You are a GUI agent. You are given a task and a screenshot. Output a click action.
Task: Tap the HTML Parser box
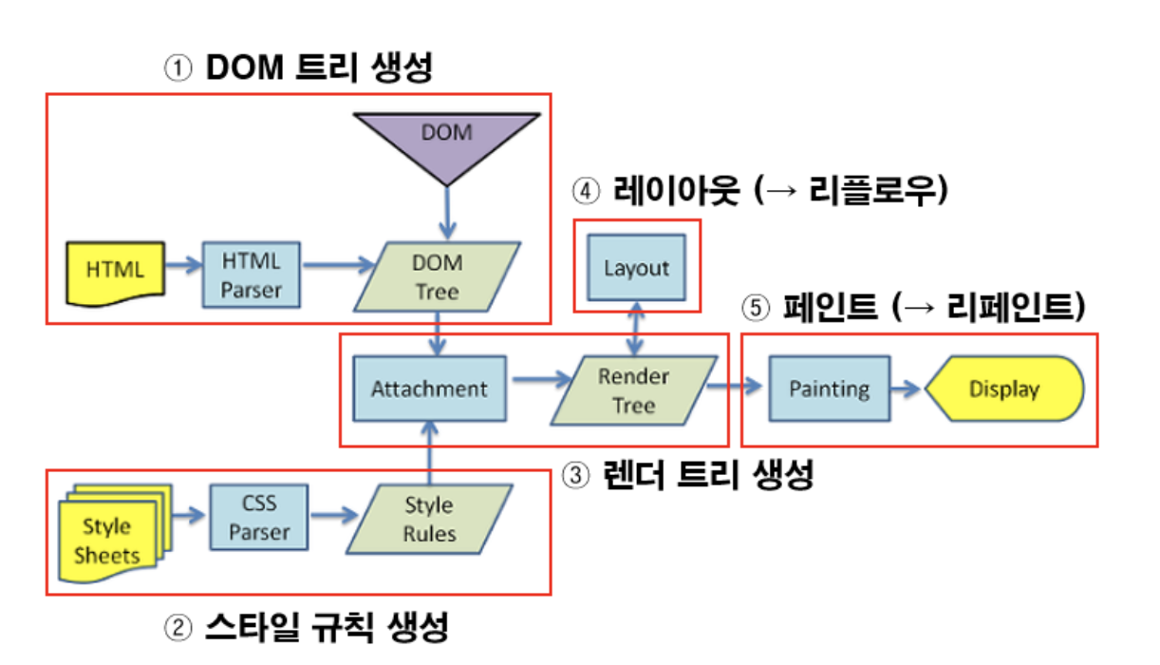point(251,275)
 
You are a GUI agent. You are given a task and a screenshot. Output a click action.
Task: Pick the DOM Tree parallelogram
point(437,276)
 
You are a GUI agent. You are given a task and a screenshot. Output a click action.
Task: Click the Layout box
point(636,268)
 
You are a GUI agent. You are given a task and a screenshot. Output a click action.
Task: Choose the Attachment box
point(429,389)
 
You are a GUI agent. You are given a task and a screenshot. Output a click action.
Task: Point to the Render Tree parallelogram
point(633,390)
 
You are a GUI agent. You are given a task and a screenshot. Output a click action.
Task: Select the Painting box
point(829,389)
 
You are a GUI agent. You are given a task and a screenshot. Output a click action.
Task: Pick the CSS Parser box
point(258,517)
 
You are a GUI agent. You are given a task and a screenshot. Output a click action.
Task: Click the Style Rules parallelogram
point(429,519)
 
